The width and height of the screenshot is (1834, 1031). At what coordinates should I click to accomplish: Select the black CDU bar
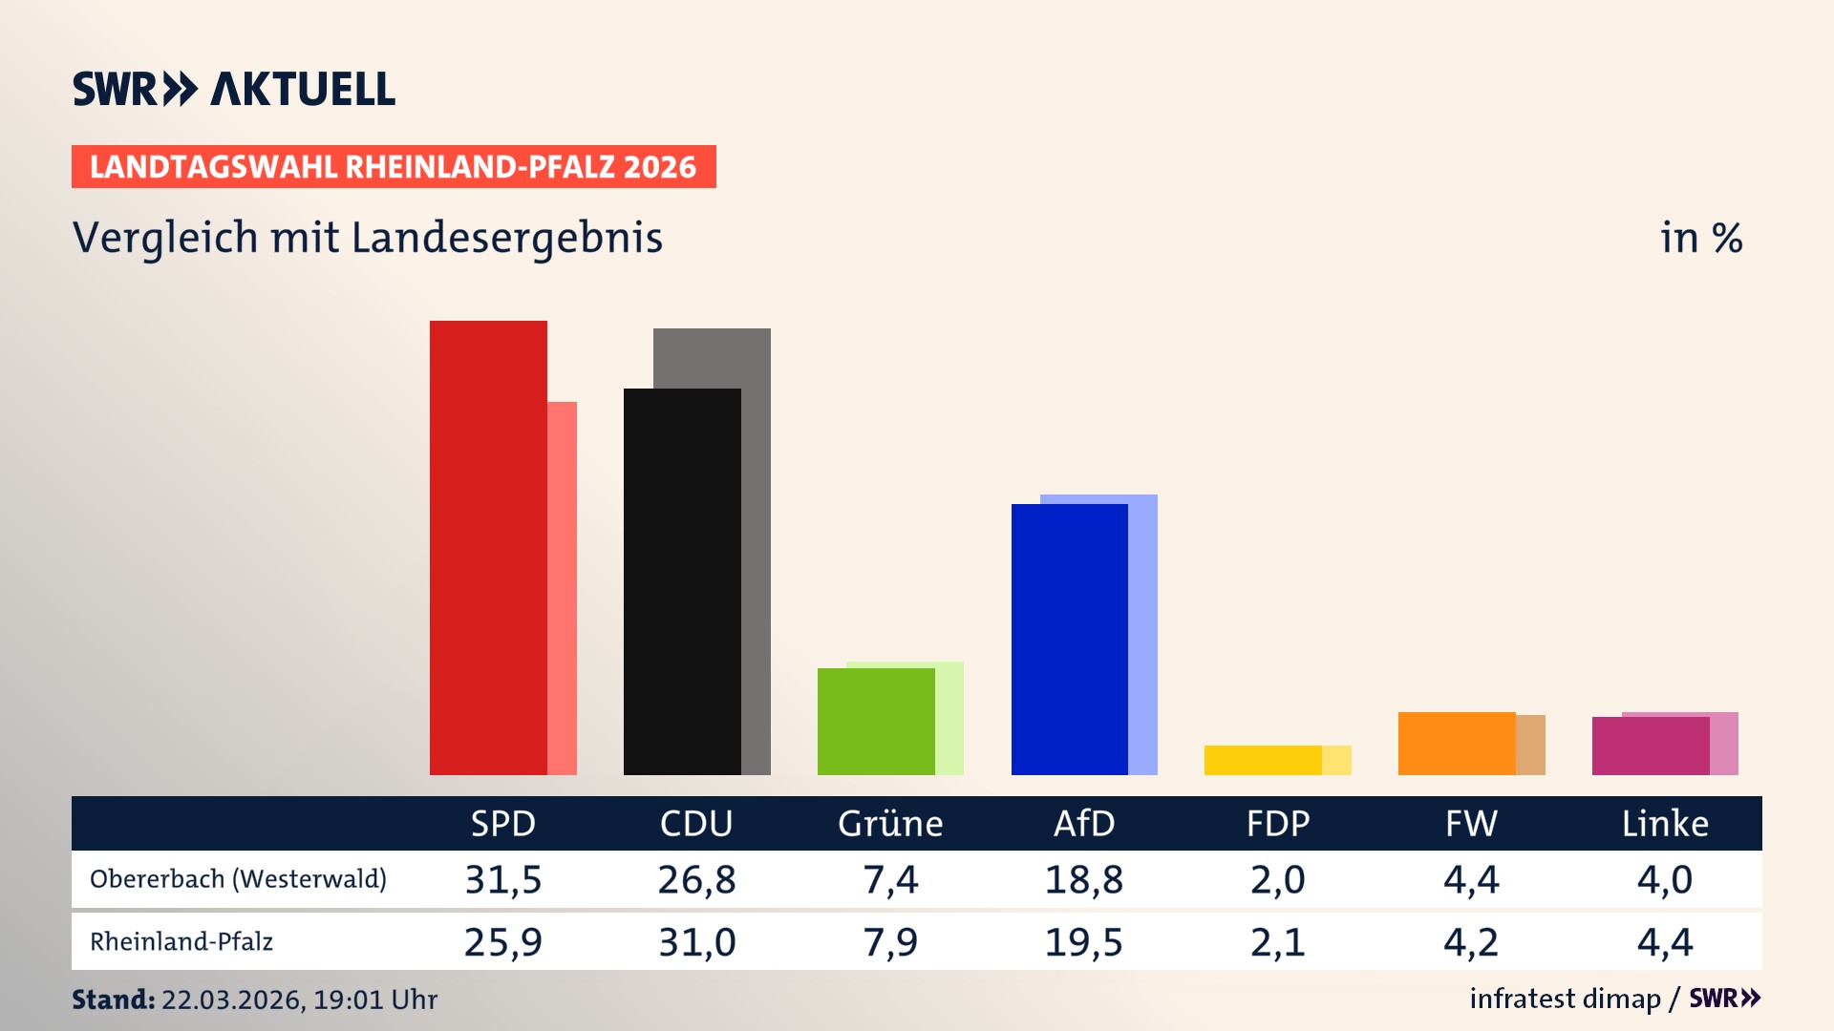(682, 581)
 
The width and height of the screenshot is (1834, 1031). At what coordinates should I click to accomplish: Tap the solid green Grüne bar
(876, 721)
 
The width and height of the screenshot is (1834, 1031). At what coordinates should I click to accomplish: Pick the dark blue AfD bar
(1070, 639)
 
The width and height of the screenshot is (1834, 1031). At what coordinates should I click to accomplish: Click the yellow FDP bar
(1263, 760)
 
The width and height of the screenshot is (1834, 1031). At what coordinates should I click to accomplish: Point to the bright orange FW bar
(1457, 743)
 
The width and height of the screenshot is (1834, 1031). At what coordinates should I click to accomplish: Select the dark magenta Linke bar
(1651, 746)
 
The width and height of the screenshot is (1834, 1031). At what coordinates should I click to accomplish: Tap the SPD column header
(503, 823)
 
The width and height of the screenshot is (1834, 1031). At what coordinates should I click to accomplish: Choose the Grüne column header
(890, 823)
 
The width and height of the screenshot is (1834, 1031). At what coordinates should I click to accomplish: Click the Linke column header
(1665, 823)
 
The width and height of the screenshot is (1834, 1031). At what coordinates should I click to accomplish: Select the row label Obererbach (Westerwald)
(238, 879)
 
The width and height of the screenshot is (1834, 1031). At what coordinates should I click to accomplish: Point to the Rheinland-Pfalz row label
(181, 942)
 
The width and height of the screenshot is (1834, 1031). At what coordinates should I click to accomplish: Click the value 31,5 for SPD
(503, 879)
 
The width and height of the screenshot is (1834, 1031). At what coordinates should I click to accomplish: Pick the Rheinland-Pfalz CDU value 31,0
(697, 942)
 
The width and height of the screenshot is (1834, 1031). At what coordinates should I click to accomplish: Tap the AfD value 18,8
(1084, 879)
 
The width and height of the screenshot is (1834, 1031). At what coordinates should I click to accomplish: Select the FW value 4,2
(1471, 942)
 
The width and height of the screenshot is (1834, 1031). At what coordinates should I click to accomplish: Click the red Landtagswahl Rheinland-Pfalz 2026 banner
(394, 167)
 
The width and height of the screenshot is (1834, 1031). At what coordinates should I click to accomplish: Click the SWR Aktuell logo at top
(234, 89)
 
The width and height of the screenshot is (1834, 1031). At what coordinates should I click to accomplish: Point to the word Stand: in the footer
(113, 999)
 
